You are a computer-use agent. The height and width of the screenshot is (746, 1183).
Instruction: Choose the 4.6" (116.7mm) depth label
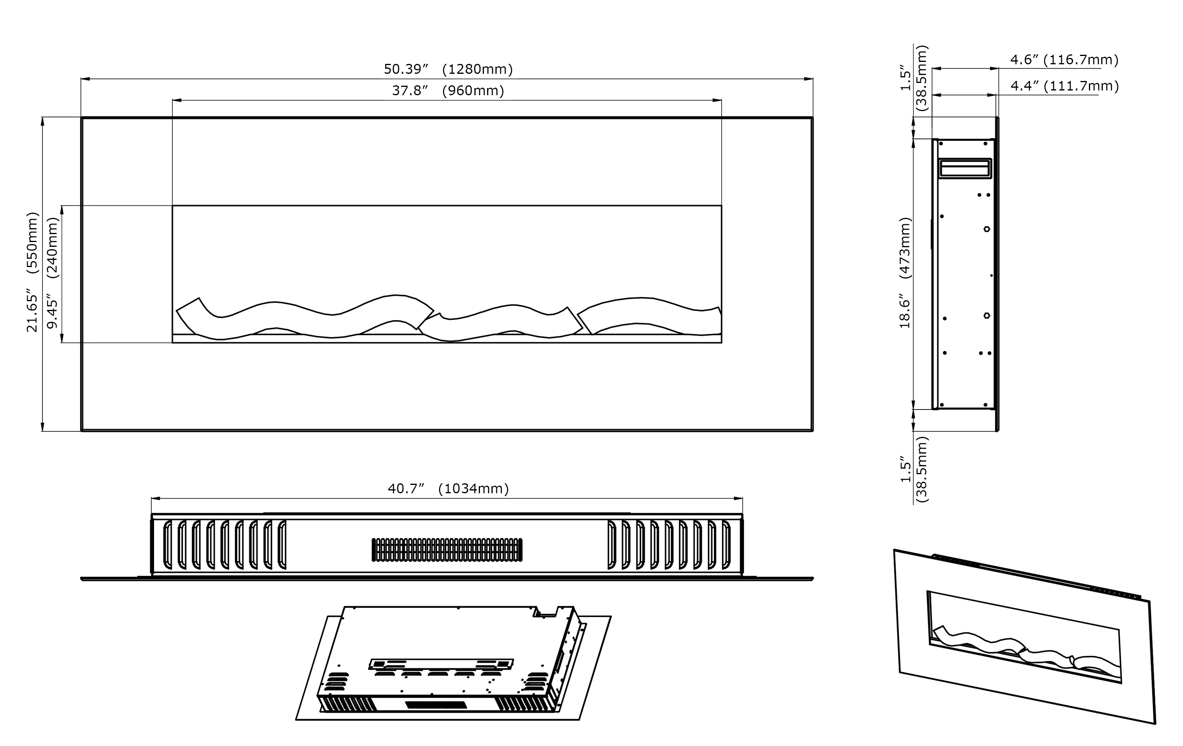1064,60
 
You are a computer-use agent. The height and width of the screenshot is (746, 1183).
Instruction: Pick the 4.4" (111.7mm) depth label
1064,86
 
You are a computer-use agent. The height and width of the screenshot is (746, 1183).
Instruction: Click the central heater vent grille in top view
447,550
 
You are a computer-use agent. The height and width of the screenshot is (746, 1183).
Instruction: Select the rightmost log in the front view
649,314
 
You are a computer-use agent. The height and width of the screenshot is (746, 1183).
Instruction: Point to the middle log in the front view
501,322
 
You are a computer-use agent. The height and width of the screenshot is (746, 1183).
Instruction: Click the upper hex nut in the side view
986,229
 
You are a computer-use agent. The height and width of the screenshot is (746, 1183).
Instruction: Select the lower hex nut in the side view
986,315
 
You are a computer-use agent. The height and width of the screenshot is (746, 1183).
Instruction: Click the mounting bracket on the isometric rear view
441,664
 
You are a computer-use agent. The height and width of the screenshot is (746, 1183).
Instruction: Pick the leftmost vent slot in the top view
167,545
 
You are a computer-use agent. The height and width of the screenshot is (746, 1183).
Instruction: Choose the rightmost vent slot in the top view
726,545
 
